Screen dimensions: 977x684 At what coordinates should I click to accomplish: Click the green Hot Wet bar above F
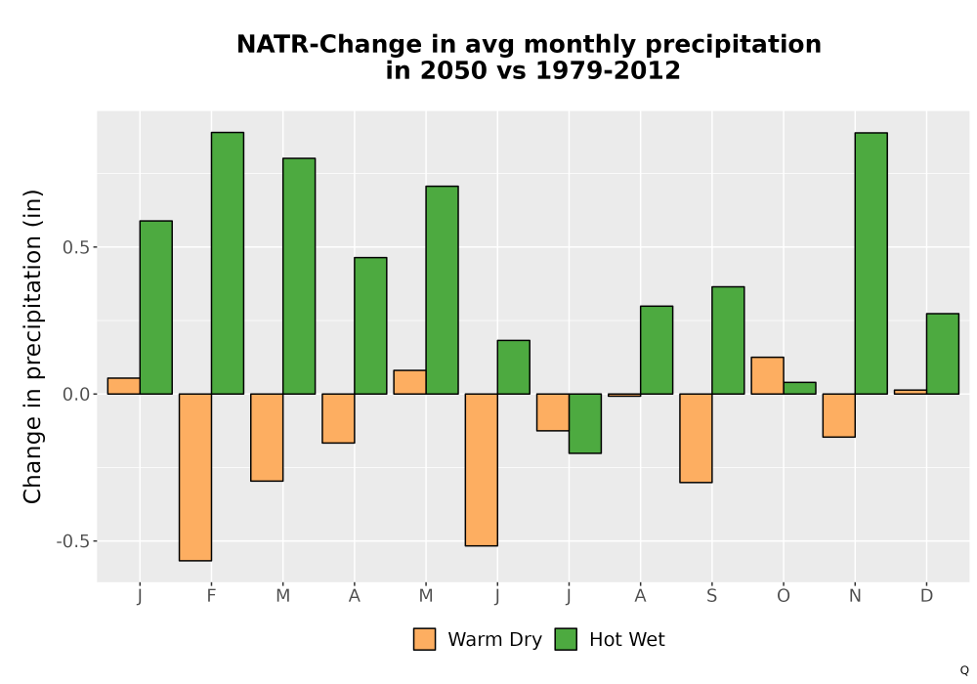pos(228,263)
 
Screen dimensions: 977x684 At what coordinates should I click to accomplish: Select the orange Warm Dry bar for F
pos(195,477)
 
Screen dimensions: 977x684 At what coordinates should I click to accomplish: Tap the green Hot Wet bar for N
pos(871,263)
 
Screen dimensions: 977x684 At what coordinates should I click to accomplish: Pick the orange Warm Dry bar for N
pos(838,415)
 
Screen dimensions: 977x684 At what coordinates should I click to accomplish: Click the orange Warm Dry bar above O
pos(767,375)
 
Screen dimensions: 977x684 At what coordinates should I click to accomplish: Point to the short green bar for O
pos(799,388)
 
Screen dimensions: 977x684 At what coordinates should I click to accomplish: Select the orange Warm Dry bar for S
pos(696,438)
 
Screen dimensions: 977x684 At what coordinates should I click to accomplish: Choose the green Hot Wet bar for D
pos(943,354)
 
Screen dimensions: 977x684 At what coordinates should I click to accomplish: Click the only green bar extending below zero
pos(585,424)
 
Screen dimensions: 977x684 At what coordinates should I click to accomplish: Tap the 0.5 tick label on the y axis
pos(76,247)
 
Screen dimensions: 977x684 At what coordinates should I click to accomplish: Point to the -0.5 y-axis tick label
pos(73,541)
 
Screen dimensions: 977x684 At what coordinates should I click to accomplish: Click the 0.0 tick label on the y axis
pos(76,395)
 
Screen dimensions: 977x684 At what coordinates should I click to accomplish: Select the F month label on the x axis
pos(211,596)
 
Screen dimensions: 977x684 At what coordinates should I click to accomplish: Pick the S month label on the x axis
pos(711,596)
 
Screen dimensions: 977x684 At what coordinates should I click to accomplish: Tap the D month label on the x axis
pos(926,596)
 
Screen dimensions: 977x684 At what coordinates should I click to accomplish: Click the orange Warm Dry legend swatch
pos(424,639)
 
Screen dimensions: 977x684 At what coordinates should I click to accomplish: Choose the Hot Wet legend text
pos(627,640)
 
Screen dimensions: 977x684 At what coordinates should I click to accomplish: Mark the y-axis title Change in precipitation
pos(32,347)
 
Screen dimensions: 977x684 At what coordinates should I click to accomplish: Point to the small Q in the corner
pos(964,670)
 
